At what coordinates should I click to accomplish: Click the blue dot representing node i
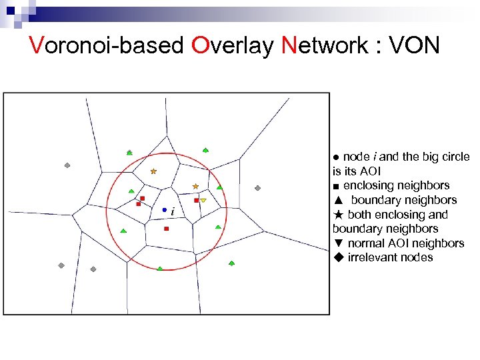pyautogui.click(x=165, y=210)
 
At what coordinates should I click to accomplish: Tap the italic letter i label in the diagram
pyautogui.click(x=173, y=212)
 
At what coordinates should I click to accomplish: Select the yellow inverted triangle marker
pyautogui.click(x=203, y=200)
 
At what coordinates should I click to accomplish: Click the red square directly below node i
pyautogui.click(x=166, y=229)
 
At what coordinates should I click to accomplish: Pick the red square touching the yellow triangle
pyautogui.click(x=196, y=200)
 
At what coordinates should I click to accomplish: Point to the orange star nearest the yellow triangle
pyautogui.click(x=195, y=186)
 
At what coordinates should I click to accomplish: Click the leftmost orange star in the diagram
pyautogui.click(x=153, y=171)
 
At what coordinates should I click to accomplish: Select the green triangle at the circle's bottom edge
pyautogui.click(x=159, y=268)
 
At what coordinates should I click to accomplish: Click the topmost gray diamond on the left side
pyautogui.click(x=67, y=165)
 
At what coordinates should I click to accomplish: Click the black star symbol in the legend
pyautogui.click(x=338, y=215)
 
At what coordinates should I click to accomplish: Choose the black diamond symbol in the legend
pyautogui.click(x=338, y=258)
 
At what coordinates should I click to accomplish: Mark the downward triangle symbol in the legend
pyautogui.click(x=338, y=243)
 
